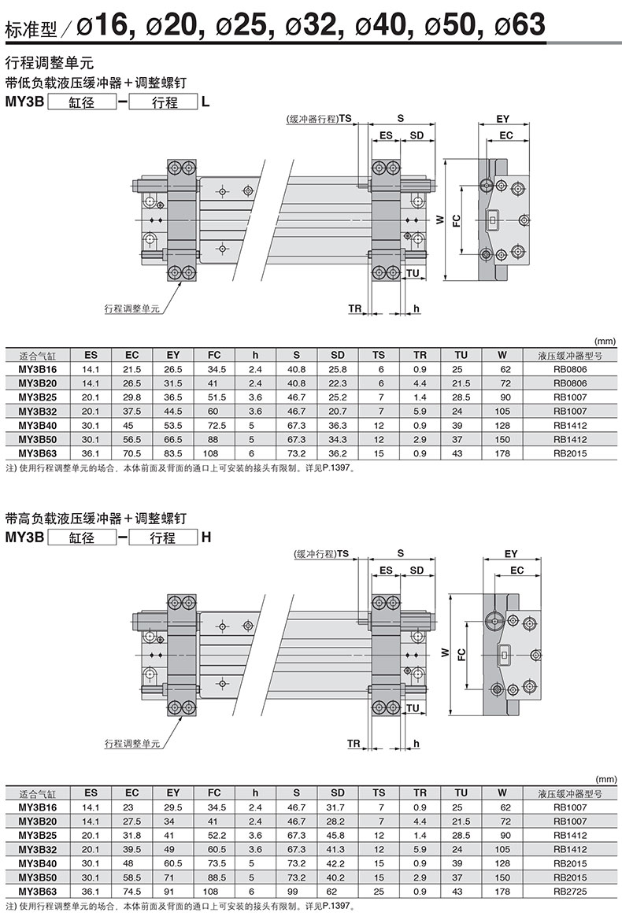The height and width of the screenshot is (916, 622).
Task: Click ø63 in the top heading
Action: click(x=520, y=25)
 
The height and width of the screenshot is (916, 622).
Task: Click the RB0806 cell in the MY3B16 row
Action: click(x=570, y=369)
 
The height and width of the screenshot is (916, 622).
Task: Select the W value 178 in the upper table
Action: click(x=502, y=453)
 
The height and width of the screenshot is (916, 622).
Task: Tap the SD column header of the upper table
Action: click(x=338, y=355)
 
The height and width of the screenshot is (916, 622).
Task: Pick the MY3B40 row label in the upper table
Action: click(x=38, y=425)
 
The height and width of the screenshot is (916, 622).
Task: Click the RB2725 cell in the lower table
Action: click(x=570, y=892)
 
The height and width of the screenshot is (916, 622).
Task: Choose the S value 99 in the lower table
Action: click(x=296, y=892)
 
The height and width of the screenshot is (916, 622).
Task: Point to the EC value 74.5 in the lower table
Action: click(x=132, y=892)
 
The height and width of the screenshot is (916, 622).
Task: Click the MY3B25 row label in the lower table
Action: click(x=38, y=836)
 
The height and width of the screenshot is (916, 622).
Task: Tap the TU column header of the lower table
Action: click(x=461, y=792)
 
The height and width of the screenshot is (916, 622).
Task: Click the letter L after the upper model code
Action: click(x=205, y=102)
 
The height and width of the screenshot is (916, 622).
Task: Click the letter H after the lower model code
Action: click(x=205, y=537)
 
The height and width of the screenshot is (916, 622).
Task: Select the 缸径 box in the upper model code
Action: click(x=82, y=102)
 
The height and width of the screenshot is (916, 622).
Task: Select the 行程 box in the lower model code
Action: click(x=163, y=537)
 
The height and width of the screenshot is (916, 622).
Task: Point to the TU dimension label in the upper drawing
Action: click(x=413, y=273)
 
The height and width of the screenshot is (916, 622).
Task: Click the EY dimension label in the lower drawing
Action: click(x=511, y=554)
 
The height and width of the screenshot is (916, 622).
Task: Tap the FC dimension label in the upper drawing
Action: click(x=457, y=221)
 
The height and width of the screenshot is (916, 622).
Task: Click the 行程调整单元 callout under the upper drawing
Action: click(x=132, y=308)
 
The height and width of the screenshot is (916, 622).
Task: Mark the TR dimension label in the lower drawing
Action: click(x=354, y=743)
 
